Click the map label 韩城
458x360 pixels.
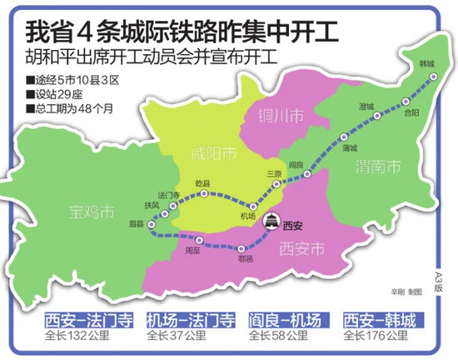coord(427,63)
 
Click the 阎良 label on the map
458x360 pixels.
coord(295,165)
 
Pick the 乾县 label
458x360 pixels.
coord(202,182)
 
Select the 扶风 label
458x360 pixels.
coord(151,205)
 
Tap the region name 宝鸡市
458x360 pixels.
coord(92,211)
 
